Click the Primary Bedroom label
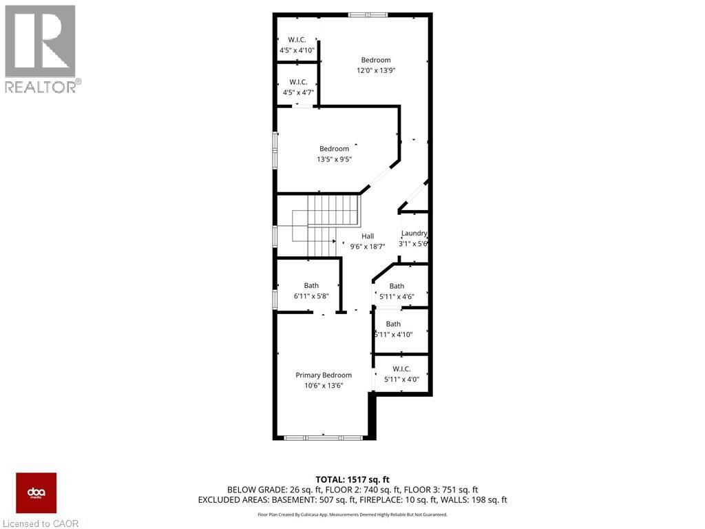click(x=324, y=375)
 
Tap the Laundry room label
click(x=414, y=233)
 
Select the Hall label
click(x=368, y=236)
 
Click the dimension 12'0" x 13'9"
click(x=376, y=70)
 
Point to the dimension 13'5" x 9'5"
click(x=334, y=159)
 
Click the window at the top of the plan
click(x=368, y=14)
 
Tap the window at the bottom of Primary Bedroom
click(x=324, y=437)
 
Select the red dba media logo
click(x=36, y=493)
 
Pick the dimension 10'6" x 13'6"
click(x=324, y=386)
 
